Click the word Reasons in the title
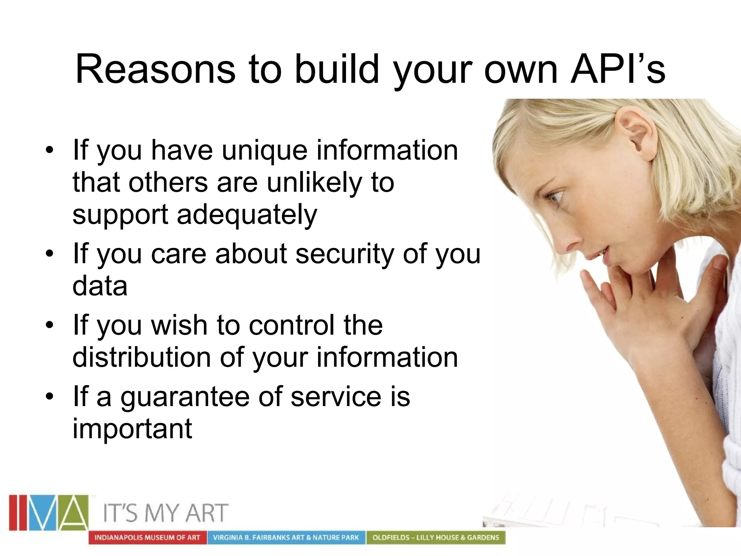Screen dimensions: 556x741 coord(155,69)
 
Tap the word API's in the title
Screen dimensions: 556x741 coord(618,69)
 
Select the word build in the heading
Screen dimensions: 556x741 coord(336,69)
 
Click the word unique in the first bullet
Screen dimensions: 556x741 coord(264,151)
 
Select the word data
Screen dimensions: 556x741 coord(100,286)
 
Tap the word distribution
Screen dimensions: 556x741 coord(141,358)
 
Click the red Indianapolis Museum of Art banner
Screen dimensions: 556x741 coord(147,538)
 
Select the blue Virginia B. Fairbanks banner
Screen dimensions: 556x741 coord(286,538)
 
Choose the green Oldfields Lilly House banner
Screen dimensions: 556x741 coord(436,538)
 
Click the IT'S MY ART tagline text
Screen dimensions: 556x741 coord(166,513)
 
